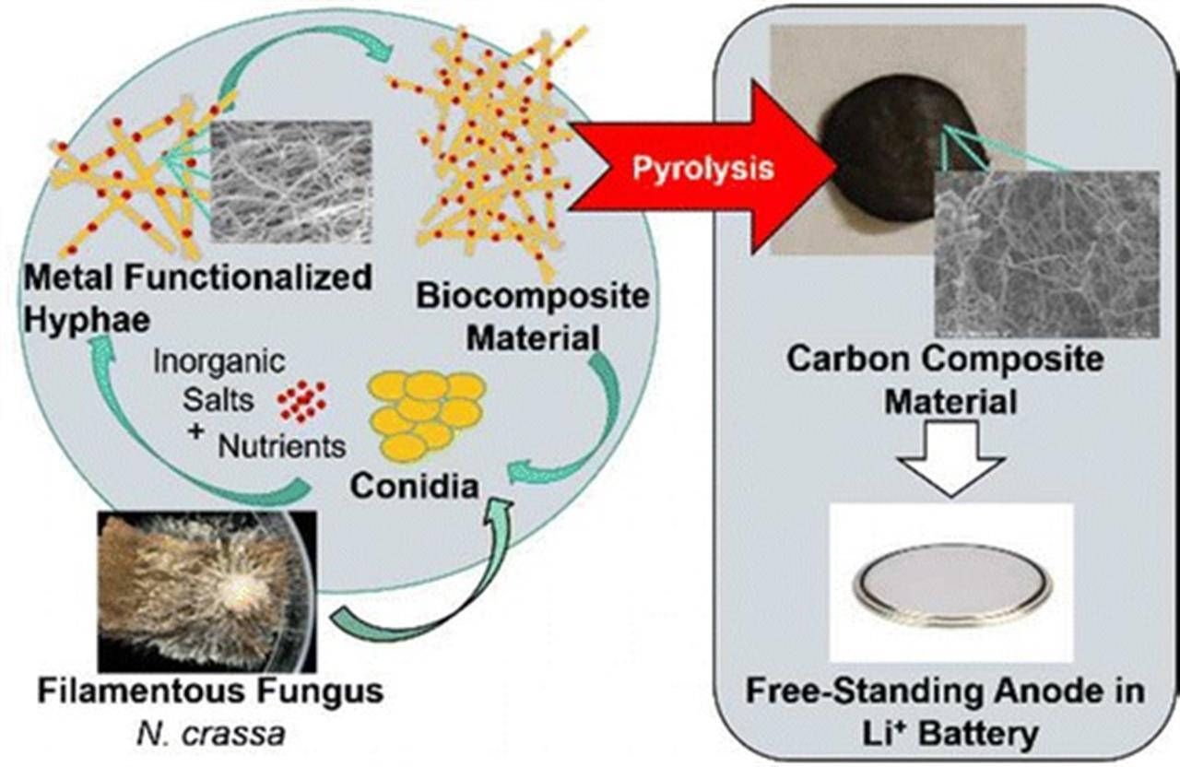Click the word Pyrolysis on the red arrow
[x=703, y=170]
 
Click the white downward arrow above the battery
[x=951, y=458]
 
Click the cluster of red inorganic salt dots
[x=301, y=401]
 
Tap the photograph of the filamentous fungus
[x=207, y=591]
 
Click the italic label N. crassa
[x=211, y=734]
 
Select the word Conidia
[x=415, y=485]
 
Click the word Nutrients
[x=282, y=446]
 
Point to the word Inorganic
[x=219, y=361]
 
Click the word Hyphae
[x=87, y=320]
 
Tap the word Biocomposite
[x=533, y=296]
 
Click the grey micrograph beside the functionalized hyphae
[x=290, y=182]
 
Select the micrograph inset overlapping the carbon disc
[x=1046, y=254]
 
